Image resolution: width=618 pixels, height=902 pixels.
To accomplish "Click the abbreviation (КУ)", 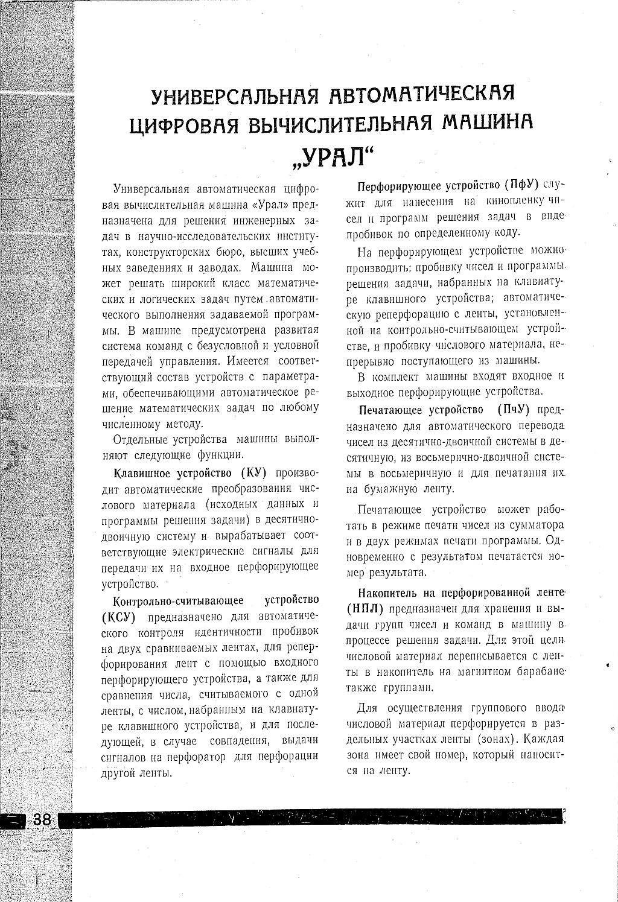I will point(254,472).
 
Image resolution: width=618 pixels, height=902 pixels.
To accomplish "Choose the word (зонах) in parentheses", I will point(497,739).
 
